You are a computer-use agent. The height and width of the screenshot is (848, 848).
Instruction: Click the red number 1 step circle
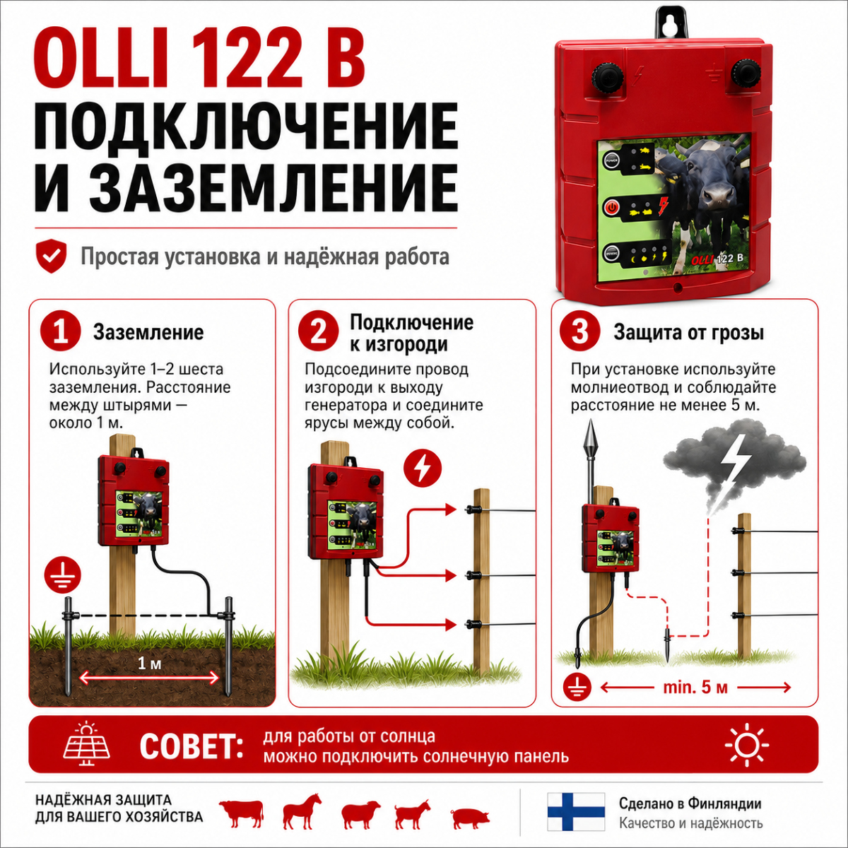click(60, 332)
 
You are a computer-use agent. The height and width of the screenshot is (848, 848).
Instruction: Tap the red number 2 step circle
click(318, 332)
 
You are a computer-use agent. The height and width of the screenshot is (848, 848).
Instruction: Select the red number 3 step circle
click(580, 332)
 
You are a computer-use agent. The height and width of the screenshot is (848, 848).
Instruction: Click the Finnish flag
click(576, 811)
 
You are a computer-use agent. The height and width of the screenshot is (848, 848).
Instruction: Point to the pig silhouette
click(470, 818)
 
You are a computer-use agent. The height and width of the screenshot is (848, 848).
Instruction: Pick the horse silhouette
click(302, 813)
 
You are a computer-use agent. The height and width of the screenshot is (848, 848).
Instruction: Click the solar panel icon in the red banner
click(87, 746)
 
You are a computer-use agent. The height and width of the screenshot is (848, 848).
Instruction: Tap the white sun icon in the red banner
click(747, 745)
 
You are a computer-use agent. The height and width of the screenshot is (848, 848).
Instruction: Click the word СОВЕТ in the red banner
click(192, 746)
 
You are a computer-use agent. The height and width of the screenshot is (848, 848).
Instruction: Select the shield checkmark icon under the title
click(52, 256)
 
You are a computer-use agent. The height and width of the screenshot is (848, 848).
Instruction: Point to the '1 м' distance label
click(150, 663)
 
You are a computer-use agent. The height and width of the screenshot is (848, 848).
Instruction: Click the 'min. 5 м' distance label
click(696, 687)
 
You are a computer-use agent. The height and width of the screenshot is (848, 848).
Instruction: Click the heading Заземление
click(148, 333)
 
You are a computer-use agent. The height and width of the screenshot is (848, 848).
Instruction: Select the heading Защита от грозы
click(689, 333)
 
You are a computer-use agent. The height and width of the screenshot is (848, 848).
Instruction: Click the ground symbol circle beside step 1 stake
click(63, 575)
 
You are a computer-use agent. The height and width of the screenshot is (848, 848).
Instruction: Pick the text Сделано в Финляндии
click(690, 803)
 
